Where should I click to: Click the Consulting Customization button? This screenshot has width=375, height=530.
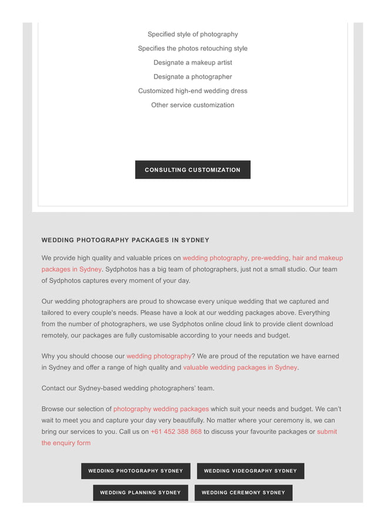192,170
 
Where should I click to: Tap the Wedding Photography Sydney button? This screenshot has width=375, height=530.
135,471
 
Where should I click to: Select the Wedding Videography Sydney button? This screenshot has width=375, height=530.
250,471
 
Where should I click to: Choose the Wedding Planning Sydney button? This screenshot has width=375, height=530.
140,492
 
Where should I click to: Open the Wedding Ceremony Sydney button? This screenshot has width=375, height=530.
243,492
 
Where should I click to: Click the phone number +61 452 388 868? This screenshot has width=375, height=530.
176,431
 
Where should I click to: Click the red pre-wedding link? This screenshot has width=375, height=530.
270,258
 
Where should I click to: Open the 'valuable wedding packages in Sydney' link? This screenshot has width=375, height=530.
240,367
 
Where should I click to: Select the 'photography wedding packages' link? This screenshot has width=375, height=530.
161,409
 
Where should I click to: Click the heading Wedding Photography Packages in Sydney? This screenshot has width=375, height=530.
125,240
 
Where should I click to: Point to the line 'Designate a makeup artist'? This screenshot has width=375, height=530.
193,62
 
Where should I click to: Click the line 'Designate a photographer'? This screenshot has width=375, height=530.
193,76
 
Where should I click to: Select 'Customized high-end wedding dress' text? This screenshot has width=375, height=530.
193,91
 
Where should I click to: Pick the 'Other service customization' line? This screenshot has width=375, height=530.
193,105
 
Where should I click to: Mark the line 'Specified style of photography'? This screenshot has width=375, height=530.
193,34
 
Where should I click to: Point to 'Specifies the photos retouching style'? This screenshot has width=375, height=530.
193,48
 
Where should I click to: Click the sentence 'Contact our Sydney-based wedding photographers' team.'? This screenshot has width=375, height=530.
128,388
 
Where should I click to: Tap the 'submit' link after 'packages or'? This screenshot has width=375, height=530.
327,431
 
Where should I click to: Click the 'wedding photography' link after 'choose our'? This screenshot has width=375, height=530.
159,356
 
